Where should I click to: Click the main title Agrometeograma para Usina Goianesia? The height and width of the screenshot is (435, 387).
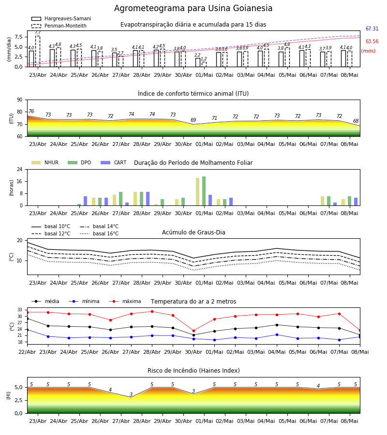[193, 8]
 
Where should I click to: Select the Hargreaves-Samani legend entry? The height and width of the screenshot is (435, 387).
[61, 18]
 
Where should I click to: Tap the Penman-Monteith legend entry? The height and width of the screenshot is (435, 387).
[59, 26]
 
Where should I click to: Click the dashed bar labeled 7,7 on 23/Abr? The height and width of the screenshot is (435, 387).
[37, 51]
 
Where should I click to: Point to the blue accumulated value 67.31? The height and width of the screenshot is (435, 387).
[372, 29]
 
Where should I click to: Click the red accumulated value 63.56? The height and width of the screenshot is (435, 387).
[372, 42]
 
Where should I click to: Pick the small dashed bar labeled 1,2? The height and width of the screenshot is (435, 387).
[204, 64]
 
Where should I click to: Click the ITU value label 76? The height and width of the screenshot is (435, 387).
[31, 111]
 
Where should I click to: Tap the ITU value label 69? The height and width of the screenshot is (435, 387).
[193, 120]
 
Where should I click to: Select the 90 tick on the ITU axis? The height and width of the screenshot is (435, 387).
[20, 100]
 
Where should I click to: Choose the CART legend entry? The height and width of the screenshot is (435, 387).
[114, 162]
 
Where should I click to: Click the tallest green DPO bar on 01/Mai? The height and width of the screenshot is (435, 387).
[204, 191]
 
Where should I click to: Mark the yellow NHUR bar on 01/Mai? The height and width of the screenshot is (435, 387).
[198, 192]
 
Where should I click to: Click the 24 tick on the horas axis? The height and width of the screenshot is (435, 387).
[20, 169]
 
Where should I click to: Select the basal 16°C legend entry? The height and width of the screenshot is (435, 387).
[99, 233]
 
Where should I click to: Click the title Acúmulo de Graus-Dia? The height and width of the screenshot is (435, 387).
[193, 232]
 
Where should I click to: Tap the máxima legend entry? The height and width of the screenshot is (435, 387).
[125, 301]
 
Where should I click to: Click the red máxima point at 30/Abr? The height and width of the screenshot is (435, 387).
[194, 331]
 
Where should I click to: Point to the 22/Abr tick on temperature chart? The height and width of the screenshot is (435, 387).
[27, 352]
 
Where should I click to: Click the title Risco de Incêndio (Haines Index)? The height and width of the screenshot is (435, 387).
[193, 371]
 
